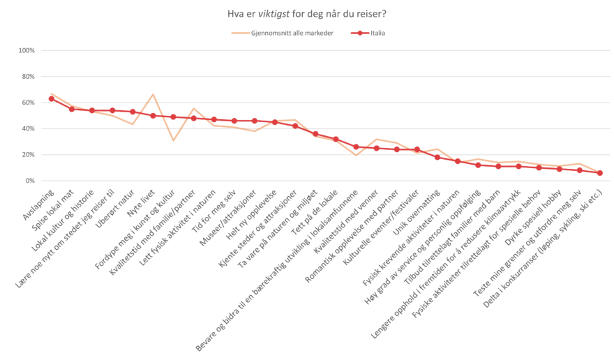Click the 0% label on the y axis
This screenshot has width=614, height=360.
[30, 181]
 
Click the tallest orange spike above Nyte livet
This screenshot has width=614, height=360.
[153, 93]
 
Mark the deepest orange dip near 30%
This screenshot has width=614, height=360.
[173, 141]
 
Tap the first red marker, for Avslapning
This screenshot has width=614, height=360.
[51, 98]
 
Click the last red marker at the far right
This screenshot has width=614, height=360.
[599, 173]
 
